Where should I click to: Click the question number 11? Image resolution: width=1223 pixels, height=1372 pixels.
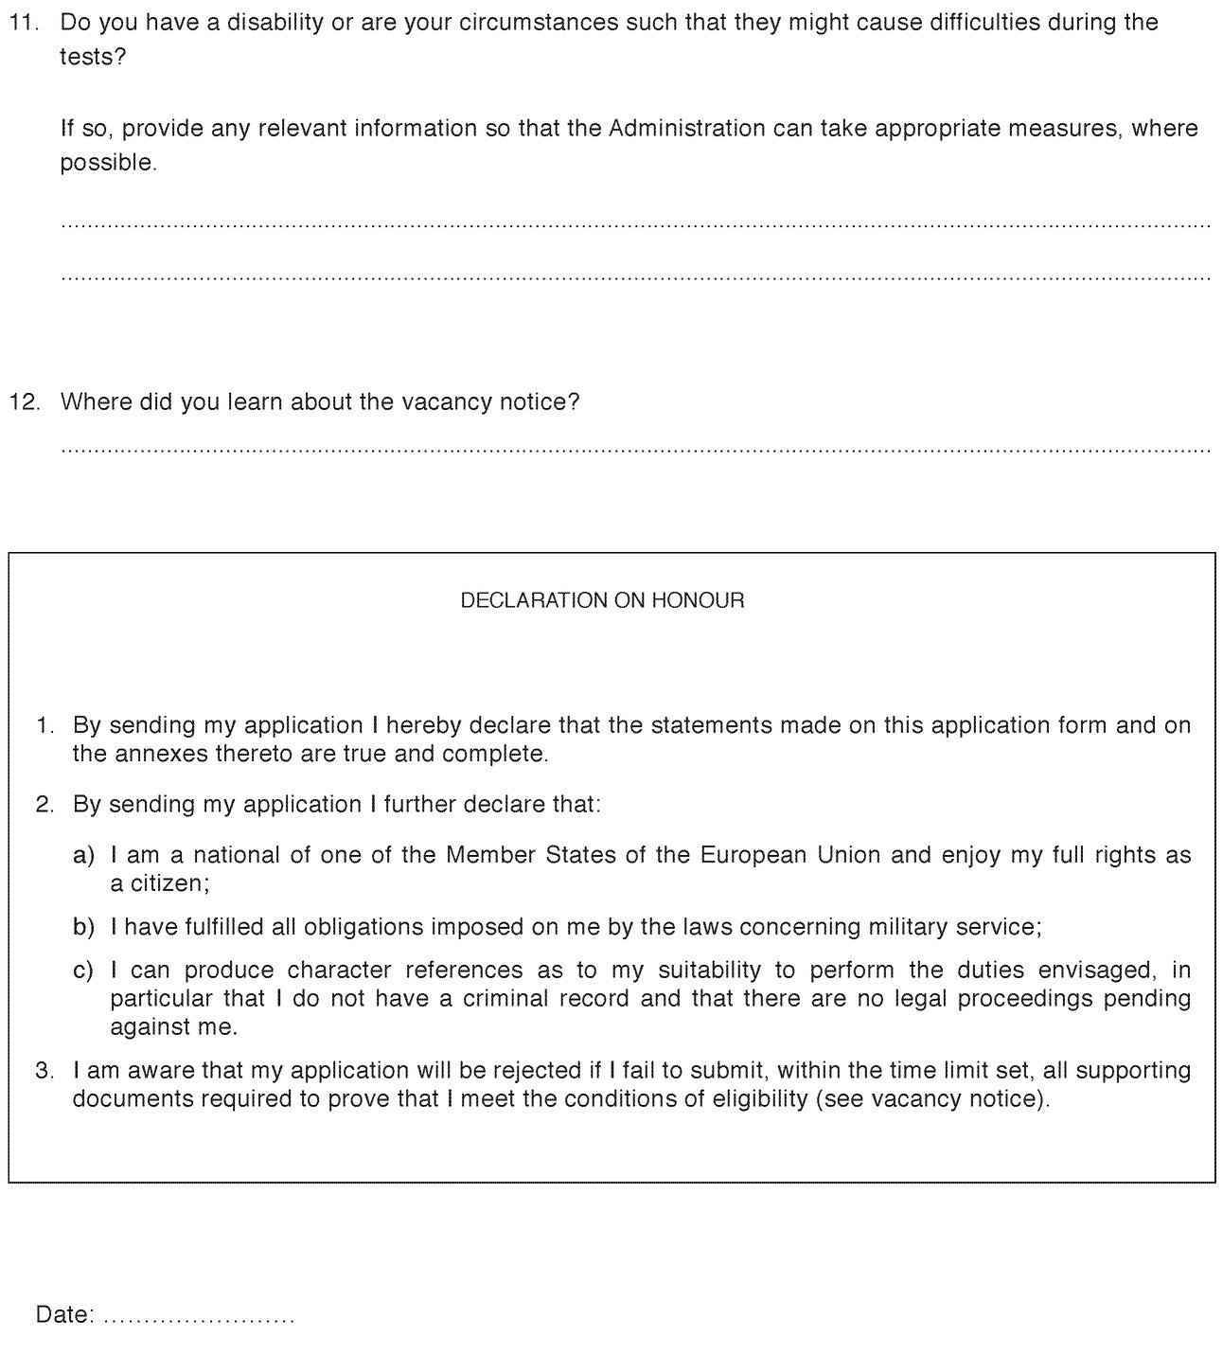click(x=24, y=22)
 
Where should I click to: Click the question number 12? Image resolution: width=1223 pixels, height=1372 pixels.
click(x=25, y=401)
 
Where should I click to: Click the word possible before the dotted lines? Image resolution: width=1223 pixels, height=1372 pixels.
click(x=107, y=162)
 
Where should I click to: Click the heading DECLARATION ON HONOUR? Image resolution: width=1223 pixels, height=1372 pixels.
click(x=602, y=600)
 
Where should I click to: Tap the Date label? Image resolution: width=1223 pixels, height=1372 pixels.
click(x=64, y=1314)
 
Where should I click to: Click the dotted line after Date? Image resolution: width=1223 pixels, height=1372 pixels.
click(x=199, y=1318)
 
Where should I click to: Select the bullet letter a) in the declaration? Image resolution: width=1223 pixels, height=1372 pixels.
click(x=84, y=855)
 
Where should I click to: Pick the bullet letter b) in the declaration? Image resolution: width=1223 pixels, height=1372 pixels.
click(x=84, y=926)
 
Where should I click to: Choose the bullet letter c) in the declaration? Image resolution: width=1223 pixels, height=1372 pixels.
click(x=84, y=970)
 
